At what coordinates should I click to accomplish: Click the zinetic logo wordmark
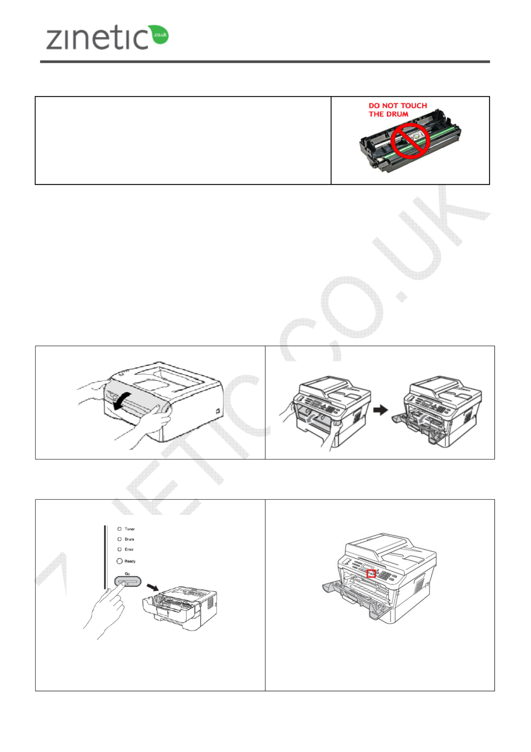[x=97, y=37]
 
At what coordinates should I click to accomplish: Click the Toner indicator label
[x=129, y=529]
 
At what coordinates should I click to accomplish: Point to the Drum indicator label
[x=129, y=539]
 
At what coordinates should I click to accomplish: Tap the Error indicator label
[x=129, y=549]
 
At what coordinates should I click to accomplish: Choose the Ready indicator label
[x=130, y=561]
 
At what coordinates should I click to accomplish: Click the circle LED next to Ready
[x=119, y=561]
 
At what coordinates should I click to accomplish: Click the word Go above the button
[x=127, y=574]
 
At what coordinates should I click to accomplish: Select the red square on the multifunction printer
[x=371, y=573]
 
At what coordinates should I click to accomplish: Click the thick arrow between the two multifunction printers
[x=381, y=410]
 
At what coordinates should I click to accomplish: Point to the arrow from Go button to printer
[x=153, y=587]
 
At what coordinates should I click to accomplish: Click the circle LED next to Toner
[x=119, y=529]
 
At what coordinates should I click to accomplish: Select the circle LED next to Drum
[x=119, y=539]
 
